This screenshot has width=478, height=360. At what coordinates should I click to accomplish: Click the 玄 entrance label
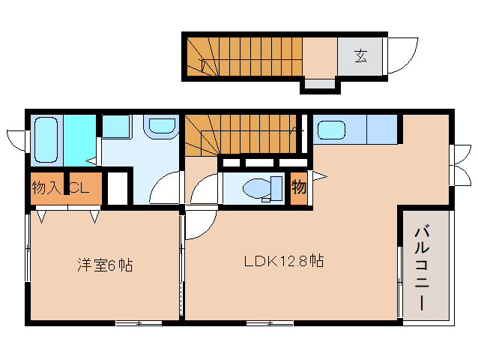[x=360, y=56]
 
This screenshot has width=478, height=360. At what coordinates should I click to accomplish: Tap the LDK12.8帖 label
[x=284, y=261]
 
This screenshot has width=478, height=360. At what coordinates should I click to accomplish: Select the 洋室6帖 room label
[x=105, y=265]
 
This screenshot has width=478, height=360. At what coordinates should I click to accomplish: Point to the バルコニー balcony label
[x=422, y=268]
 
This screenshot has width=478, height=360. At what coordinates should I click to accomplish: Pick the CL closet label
[x=80, y=187]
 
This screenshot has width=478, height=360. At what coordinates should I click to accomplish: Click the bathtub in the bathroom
[x=46, y=140]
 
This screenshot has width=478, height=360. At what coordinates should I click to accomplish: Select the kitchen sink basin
[x=331, y=130]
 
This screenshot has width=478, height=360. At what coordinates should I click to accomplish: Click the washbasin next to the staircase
[x=162, y=126]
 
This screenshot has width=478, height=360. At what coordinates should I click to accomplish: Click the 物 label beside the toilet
[x=299, y=187]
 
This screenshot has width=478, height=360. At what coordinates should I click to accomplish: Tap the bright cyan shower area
[x=80, y=140]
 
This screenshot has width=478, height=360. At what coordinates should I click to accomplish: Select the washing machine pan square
[x=116, y=127]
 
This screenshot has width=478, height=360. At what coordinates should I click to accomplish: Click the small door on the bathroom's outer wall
[x=16, y=141]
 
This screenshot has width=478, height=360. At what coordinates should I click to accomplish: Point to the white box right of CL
[x=118, y=188]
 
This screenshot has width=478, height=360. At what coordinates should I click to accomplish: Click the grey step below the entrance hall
[x=320, y=84]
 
